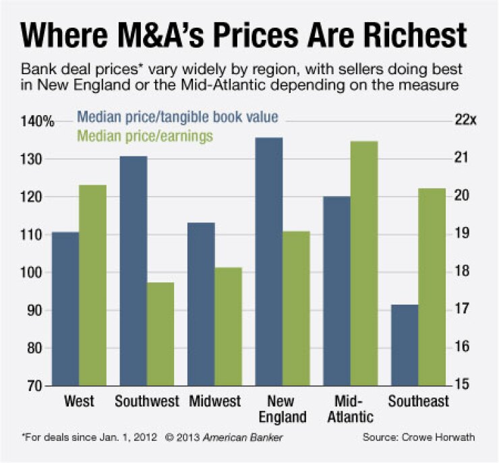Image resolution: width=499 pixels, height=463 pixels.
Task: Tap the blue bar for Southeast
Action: (403, 345)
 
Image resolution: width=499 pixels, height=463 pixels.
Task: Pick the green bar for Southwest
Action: (160, 334)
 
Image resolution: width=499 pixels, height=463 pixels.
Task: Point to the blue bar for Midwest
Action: (201, 304)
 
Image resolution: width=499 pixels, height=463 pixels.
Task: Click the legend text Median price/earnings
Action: (145, 135)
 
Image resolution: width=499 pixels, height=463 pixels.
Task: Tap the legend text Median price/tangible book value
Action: (177, 117)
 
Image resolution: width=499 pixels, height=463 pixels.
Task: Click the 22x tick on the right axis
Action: (465, 121)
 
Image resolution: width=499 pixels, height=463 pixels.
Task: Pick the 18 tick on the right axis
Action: (460, 272)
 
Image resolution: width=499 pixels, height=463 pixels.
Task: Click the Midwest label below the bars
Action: (214, 402)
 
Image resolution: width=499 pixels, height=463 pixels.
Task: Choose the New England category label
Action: (282, 408)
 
